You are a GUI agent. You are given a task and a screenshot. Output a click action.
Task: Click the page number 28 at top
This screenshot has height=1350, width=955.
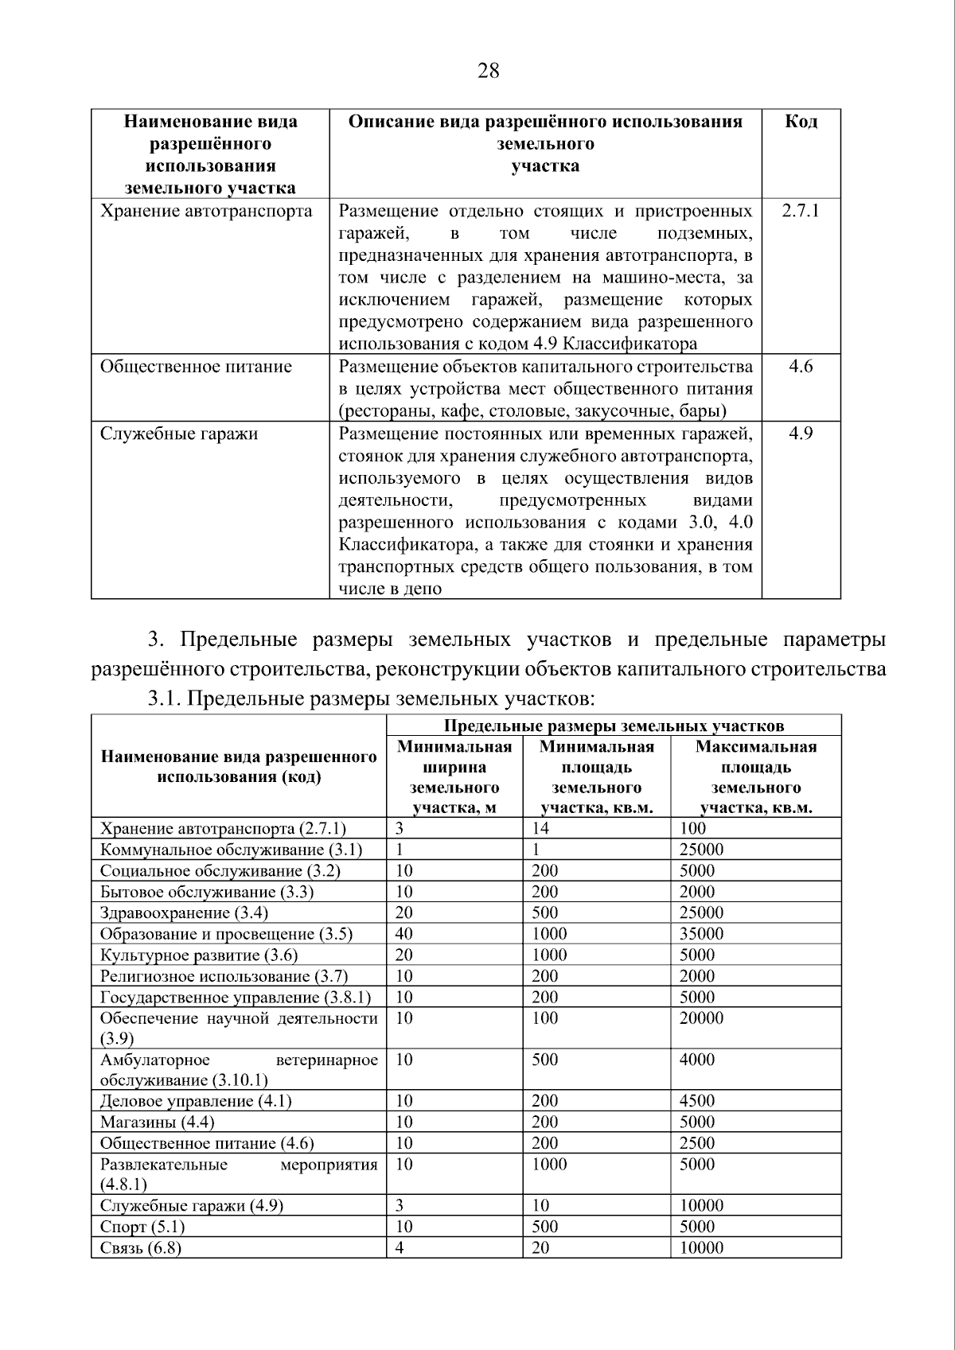click(x=488, y=72)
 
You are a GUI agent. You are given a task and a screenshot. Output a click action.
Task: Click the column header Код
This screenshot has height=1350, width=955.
click(x=801, y=122)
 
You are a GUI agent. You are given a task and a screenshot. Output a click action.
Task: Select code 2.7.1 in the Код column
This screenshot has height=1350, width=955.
click(x=801, y=211)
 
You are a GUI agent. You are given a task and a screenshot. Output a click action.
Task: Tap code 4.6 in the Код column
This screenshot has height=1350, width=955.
click(x=801, y=367)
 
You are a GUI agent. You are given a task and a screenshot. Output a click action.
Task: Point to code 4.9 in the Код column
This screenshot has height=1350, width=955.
click(x=801, y=434)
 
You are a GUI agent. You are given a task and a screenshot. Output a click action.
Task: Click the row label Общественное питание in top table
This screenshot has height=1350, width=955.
click(x=196, y=367)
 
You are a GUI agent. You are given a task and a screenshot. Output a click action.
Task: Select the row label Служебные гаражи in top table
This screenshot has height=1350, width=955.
click(x=179, y=434)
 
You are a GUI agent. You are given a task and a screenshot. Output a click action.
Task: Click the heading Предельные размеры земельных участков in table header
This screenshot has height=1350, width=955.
click(x=613, y=726)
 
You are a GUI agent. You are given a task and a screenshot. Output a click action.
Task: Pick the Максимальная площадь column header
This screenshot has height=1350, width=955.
click(x=755, y=777)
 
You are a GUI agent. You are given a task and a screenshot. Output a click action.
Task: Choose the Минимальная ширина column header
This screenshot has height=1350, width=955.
click(x=454, y=777)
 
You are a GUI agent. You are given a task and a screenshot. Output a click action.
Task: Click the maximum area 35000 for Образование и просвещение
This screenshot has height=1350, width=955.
click(x=701, y=934)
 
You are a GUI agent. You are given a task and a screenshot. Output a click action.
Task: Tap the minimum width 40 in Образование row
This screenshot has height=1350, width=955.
click(x=404, y=934)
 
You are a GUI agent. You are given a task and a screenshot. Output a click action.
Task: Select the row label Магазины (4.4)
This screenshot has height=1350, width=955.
click(x=157, y=1122)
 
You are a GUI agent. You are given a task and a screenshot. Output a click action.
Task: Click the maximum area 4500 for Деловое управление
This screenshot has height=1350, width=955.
click(x=696, y=1101)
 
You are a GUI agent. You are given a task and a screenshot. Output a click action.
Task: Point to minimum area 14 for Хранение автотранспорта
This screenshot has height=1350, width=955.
click(x=540, y=828)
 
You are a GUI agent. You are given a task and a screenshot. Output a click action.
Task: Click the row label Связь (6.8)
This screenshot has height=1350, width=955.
click(x=141, y=1247)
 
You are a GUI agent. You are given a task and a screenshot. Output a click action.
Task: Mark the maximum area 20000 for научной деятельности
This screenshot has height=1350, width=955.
click(x=701, y=1018)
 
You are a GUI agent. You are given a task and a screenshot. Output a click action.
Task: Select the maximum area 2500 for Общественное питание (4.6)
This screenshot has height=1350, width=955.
click(x=696, y=1143)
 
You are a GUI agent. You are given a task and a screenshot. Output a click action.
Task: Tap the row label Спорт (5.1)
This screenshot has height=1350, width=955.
click(x=142, y=1227)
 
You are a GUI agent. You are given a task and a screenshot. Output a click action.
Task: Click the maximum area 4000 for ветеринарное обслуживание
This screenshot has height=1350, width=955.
click(x=696, y=1060)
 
